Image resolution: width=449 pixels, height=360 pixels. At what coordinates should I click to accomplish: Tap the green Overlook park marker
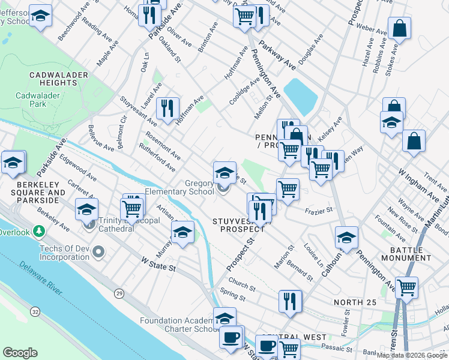[39, 231]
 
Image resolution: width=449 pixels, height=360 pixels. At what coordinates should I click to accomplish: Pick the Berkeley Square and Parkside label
[32, 188]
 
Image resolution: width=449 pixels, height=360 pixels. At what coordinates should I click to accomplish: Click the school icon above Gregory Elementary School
[224, 173]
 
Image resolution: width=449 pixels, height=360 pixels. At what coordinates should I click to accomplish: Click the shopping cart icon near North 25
[407, 287]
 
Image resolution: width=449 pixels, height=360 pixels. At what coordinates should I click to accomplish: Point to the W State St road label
[158, 263]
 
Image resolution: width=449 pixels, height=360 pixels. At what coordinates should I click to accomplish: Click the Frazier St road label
[318, 211]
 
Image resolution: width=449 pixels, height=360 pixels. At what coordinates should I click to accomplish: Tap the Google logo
[20, 353]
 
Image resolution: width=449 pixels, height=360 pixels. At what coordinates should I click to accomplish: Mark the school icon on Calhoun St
[347, 238]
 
